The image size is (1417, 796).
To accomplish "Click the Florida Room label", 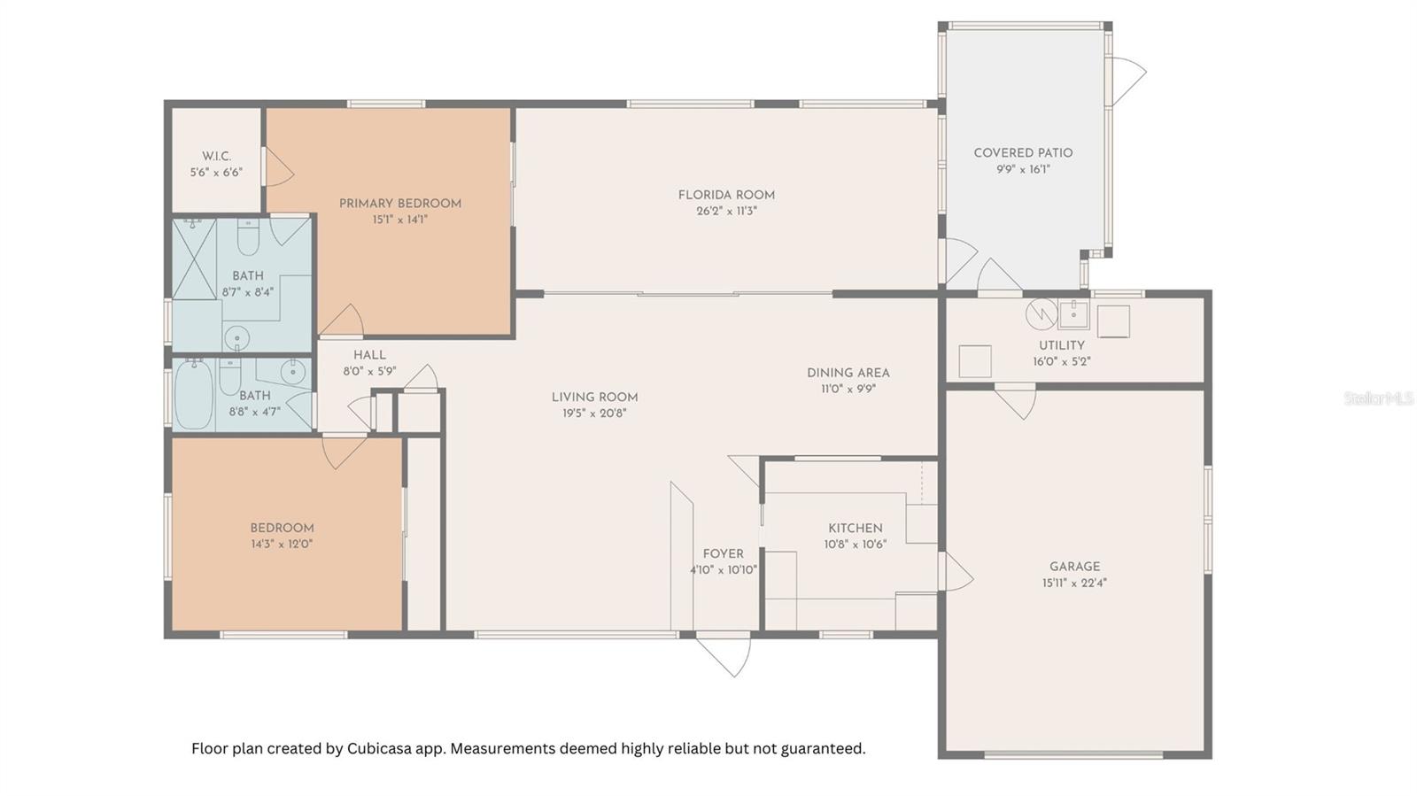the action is point(726,195).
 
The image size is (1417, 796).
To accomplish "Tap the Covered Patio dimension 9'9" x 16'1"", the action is point(1023,169).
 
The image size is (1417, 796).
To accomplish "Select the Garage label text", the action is point(1075,567).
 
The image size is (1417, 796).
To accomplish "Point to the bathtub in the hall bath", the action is point(194,395).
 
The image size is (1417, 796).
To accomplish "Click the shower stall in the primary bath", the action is point(194,259).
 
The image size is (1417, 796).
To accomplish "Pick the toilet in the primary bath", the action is point(247,237).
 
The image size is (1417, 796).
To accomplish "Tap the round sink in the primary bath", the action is point(236,336).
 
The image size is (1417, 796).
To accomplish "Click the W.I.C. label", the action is point(216,156).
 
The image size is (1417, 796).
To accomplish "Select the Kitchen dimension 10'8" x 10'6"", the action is point(856,545).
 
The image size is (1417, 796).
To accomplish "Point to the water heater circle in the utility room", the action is point(1041,314).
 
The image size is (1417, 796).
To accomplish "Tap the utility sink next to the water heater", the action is point(1073,315).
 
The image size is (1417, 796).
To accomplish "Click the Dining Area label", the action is point(848,373).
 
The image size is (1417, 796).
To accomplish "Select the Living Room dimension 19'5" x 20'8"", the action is point(594,413).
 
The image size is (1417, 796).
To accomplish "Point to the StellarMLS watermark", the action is point(1379,398).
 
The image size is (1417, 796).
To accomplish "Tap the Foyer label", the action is point(723,554).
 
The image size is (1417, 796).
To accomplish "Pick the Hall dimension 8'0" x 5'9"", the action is point(369,371).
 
